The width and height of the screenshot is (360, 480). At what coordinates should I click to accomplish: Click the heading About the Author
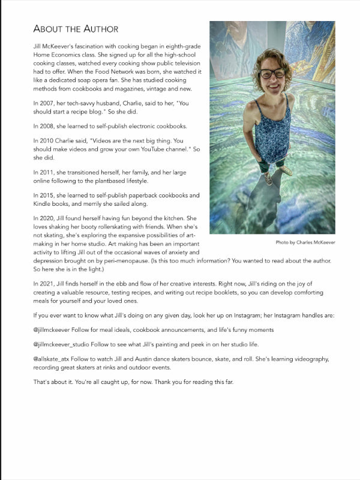pyautogui.click(x=76, y=29)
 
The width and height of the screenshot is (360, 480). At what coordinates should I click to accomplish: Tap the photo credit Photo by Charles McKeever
pyautogui.click(x=305, y=242)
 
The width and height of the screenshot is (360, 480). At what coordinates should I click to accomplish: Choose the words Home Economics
pyautogui.click(x=59, y=55)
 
